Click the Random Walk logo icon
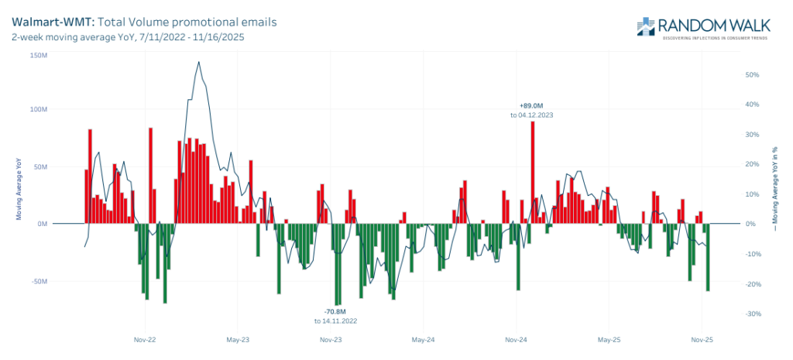click(x=647, y=26)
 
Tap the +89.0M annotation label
click(x=531, y=105)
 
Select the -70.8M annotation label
click(x=335, y=311)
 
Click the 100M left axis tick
click(x=39, y=109)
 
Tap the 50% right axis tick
click(x=750, y=75)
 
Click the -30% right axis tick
click(x=750, y=314)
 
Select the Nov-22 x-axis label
click(x=145, y=339)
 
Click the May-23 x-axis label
click(x=238, y=339)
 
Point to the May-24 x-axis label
click(x=423, y=339)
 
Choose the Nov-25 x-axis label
click(x=702, y=339)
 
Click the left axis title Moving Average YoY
click(x=19, y=187)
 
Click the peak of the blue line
click(x=198, y=62)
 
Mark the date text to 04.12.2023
click(x=531, y=115)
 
